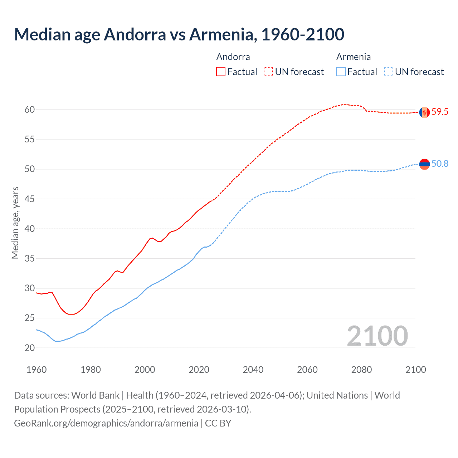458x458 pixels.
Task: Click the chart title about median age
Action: pos(179,34)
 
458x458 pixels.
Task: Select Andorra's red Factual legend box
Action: pos(221,72)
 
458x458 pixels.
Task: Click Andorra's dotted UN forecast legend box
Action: pos(268,72)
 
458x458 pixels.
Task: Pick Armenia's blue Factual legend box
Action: pos(341,72)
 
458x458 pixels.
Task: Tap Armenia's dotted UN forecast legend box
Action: pos(389,72)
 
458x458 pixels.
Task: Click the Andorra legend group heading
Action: pos(233,57)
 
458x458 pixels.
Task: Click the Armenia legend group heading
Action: pos(353,57)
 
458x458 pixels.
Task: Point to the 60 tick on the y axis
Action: pos(30,109)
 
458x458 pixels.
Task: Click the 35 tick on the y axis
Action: pos(30,258)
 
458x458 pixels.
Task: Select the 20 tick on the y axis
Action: pos(30,348)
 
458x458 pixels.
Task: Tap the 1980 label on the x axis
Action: pos(91,370)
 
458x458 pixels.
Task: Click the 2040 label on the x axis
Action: pos(253,370)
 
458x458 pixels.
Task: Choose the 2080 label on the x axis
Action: pos(361,370)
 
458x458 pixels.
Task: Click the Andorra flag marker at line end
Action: pos(424,112)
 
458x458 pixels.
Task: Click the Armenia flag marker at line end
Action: pos(424,164)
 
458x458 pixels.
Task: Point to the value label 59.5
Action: pos(440,112)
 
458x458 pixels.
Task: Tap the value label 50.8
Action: pos(440,164)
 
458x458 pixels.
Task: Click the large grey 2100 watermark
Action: pos(377,336)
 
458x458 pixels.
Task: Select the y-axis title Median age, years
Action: pos(15,223)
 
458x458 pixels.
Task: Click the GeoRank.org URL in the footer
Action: pos(106,423)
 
